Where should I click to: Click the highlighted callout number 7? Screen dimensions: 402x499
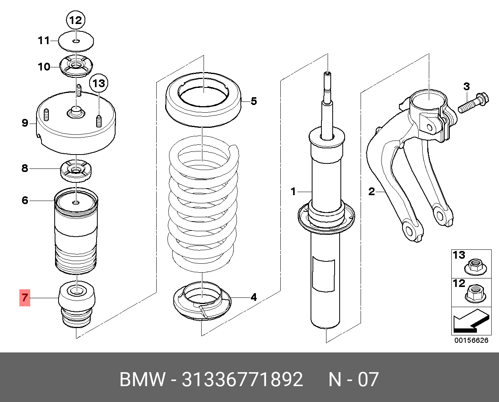(x=25, y=297)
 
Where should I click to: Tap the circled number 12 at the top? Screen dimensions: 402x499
(x=76, y=20)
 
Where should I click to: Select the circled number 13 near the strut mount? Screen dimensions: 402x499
(x=98, y=83)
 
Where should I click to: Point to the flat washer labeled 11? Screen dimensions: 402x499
(x=76, y=41)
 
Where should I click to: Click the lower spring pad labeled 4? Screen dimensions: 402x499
(x=202, y=302)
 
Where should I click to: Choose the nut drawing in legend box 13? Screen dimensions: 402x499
(x=475, y=266)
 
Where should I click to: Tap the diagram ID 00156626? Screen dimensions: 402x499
(x=471, y=340)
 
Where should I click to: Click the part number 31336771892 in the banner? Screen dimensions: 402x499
(x=242, y=380)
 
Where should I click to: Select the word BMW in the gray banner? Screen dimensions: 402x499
(x=142, y=380)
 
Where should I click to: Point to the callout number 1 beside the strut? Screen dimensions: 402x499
(x=294, y=191)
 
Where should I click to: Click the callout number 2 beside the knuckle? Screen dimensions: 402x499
(x=371, y=191)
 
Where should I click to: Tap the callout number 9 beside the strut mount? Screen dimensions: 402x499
(x=25, y=123)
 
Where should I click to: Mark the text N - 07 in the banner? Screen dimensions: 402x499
(x=353, y=380)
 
